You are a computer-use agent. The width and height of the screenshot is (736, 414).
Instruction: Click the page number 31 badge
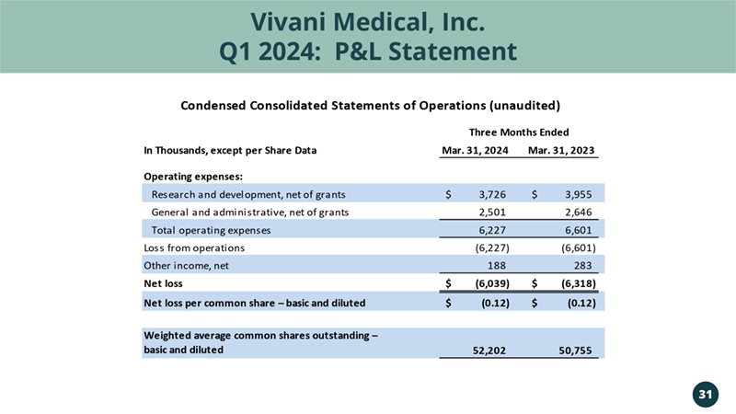(705, 395)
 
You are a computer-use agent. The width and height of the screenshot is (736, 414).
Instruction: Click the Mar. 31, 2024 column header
(477, 151)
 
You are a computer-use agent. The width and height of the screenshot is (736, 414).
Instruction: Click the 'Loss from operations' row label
(194, 248)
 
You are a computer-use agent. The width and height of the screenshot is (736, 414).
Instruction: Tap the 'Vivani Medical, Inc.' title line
(368, 18)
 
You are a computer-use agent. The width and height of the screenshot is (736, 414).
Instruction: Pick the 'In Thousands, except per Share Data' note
(224, 151)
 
